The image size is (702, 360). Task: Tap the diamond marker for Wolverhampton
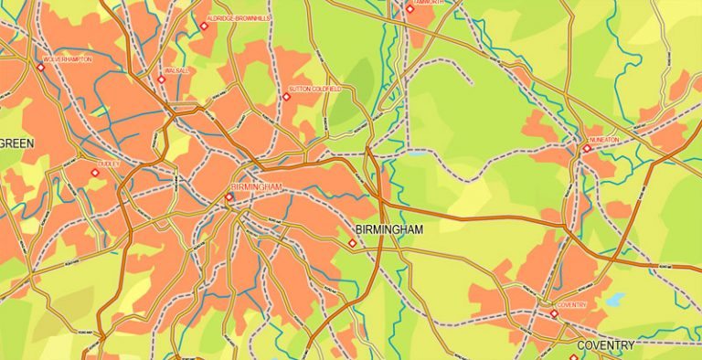pos(42,66)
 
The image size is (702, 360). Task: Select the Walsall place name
pos(175,69)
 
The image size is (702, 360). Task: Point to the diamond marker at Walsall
pos(162,79)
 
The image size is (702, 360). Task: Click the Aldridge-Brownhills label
pos(239,17)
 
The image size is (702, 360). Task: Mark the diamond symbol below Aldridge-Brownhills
pos(205,26)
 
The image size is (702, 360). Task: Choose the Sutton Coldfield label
pos(314,89)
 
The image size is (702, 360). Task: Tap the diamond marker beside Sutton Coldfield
pos(285,96)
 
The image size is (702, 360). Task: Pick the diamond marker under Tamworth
pos(409,10)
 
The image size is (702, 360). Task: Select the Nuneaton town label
pos(605,140)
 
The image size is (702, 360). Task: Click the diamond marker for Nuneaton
pos(587,148)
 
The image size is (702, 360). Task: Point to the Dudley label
pos(109,164)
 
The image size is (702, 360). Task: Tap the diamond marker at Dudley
pos(93,172)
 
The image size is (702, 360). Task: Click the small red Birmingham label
pos(257,187)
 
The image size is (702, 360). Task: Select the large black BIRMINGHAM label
pos(388,229)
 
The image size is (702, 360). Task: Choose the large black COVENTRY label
pos(605,345)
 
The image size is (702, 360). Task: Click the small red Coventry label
pos(571,304)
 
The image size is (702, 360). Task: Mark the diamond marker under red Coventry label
pos(553,313)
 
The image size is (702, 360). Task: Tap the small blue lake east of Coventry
pos(614,299)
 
